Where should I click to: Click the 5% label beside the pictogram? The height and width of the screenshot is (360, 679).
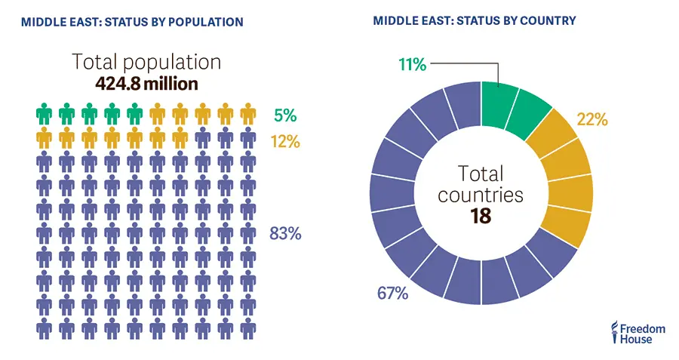coord(286,115)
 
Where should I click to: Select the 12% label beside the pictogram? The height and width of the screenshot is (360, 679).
coord(286,140)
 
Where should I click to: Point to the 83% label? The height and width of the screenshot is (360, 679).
coord(285,234)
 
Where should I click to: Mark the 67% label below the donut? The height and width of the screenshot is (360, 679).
coord(392,293)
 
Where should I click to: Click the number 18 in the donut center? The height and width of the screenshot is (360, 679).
coord(481,216)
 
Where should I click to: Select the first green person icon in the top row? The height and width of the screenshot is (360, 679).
coord(45,115)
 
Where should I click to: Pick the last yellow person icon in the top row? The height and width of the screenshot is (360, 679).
coord(248,115)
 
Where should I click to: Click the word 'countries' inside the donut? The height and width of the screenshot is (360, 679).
coord(481,194)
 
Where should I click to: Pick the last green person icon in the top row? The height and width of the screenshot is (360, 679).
coord(135,115)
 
